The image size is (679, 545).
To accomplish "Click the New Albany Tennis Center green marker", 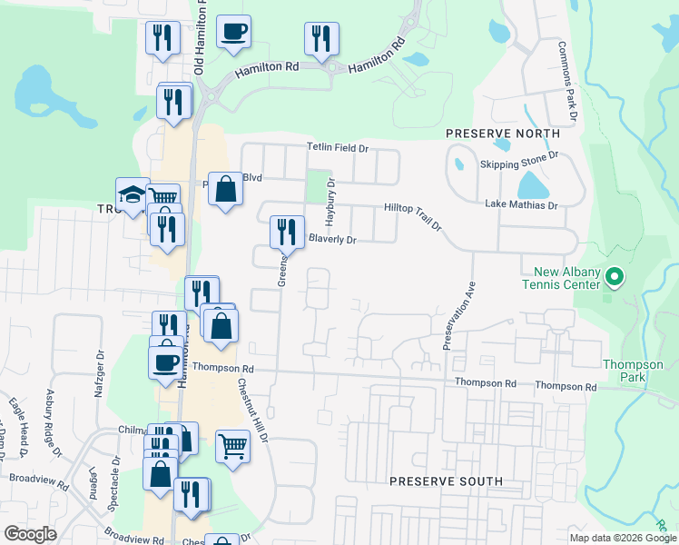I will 614,275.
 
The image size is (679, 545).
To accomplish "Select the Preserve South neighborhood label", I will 445,481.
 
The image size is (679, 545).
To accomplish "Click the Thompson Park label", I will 627,371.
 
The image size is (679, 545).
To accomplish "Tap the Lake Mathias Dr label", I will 520,205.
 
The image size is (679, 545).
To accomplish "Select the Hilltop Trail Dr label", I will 412,215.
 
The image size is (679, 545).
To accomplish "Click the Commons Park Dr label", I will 568,81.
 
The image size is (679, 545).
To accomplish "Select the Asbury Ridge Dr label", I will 54,423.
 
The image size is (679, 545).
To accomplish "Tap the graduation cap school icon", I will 133,194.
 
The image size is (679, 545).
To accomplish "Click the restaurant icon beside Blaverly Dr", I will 287,232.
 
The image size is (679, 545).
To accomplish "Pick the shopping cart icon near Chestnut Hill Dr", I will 232,447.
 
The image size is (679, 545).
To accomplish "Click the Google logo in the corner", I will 29,534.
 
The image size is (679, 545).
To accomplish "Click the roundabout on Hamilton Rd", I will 332,67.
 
